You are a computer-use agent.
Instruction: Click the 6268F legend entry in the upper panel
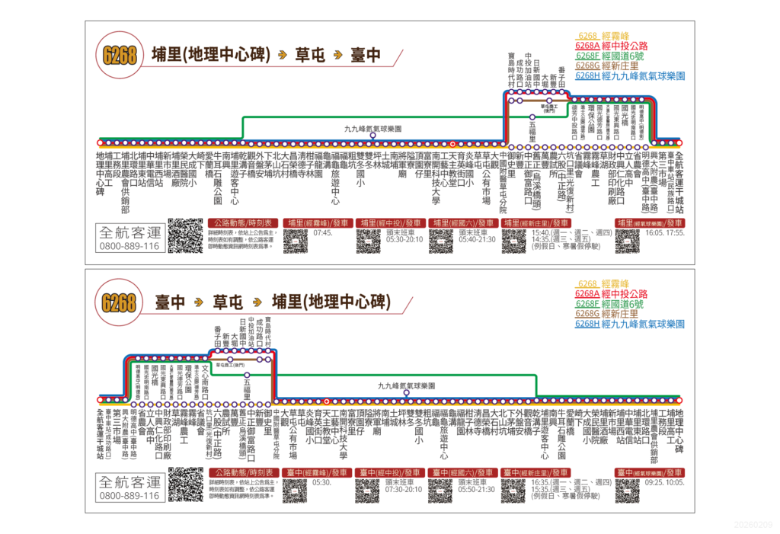pos(609,56)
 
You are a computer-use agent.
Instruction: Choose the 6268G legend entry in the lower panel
pos(610,313)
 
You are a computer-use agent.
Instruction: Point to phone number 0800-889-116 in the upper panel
pos(129,246)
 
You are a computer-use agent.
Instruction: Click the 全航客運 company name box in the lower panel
pos(129,481)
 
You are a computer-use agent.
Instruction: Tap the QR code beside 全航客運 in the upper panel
pos(185,236)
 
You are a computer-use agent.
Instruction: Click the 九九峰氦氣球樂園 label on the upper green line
pos(372,129)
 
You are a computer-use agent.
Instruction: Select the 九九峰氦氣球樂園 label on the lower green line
pos(405,386)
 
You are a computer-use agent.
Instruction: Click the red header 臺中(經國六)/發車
pos(462,472)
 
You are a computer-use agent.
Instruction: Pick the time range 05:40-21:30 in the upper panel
pos(478,239)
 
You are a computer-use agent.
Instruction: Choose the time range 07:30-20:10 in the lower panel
pos(404,488)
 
